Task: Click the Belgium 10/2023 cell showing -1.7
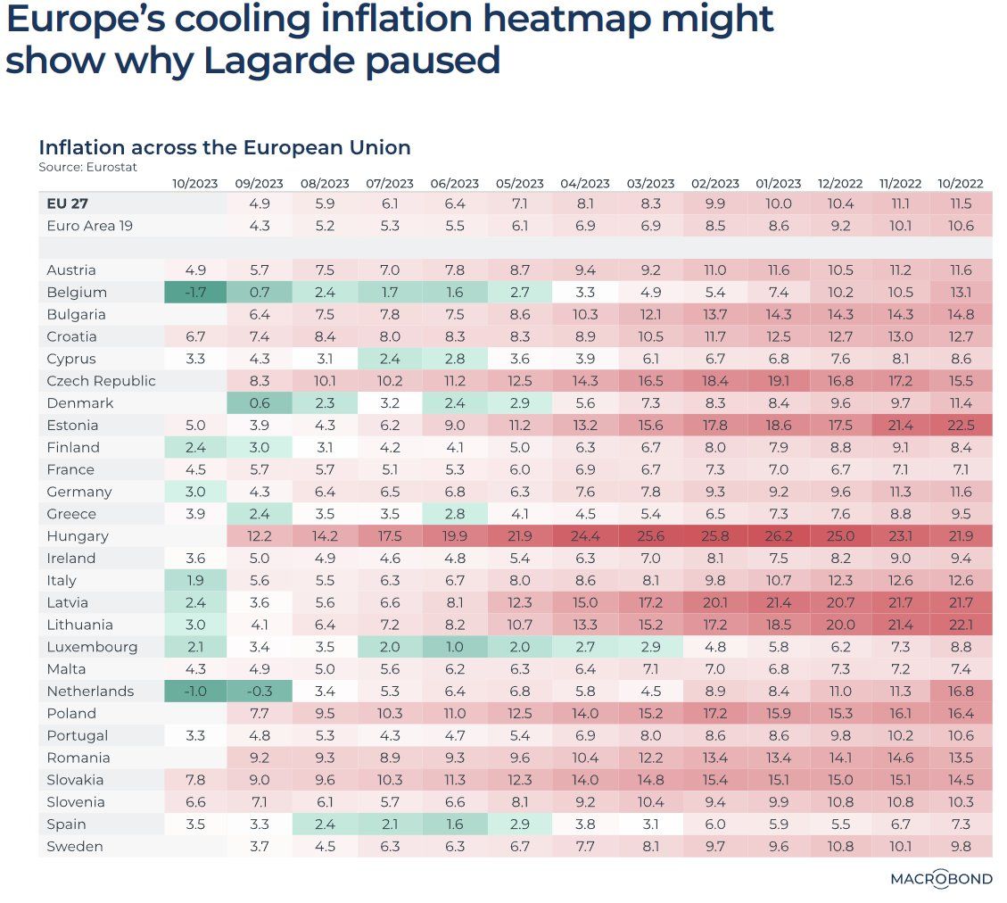[194, 293]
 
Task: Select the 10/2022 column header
[961, 184]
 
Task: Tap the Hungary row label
[78, 536]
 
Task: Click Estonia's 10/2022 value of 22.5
[961, 426]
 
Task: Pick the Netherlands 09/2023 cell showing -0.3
[260, 692]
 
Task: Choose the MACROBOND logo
[941, 879]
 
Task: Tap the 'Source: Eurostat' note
[87, 167]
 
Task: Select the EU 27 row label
[68, 204]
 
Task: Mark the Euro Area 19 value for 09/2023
[260, 227]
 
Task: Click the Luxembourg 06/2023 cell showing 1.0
[455, 647]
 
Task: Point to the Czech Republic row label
[101, 381]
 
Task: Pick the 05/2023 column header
[520, 184]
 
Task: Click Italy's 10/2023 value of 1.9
[194, 581]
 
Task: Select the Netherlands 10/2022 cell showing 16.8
[961, 692]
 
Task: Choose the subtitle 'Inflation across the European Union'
[224, 147]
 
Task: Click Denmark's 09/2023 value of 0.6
[260, 403]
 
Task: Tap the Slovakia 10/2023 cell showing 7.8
[194, 780]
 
